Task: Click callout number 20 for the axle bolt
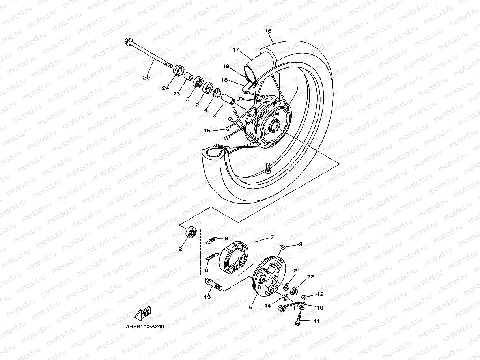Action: point(146,78)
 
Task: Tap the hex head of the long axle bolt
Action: point(128,41)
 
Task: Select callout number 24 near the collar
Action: point(165,88)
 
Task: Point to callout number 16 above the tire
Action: point(268,31)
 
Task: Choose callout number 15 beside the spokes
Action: point(207,131)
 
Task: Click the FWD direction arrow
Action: point(143,313)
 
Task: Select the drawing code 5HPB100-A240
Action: point(145,326)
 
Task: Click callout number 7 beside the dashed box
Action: point(271,238)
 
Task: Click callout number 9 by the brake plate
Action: point(300,244)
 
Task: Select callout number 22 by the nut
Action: point(310,277)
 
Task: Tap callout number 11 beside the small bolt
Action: point(316,321)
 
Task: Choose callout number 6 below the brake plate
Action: point(250,308)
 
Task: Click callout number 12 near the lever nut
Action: point(320,294)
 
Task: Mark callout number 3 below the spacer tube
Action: point(214,115)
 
